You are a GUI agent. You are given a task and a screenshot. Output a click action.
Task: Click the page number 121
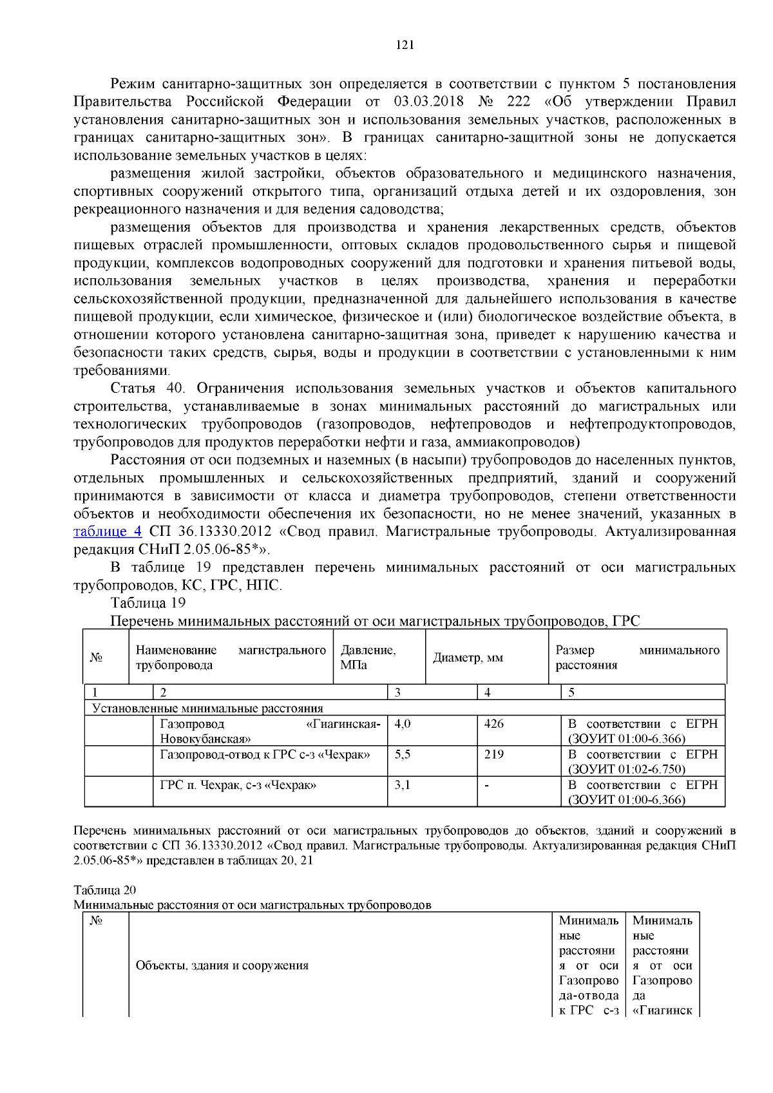(x=405, y=44)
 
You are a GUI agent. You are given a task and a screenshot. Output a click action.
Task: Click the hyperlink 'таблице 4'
(x=107, y=531)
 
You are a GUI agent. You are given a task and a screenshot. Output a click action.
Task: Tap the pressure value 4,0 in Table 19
(x=403, y=724)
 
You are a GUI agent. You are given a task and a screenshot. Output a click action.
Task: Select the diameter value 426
(x=494, y=724)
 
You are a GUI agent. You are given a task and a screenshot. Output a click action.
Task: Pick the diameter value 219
(x=494, y=754)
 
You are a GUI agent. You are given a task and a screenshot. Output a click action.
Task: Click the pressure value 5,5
(x=403, y=754)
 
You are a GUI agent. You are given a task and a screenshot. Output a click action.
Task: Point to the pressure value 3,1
(x=403, y=785)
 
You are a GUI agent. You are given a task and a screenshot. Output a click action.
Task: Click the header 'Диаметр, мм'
(x=468, y=658)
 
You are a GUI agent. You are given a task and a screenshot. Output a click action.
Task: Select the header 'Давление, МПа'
(x=368, y=658)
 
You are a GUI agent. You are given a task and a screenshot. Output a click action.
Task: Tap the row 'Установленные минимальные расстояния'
(x=207, y=708)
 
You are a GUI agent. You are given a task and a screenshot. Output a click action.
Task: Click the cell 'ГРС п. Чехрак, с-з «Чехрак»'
(x=238, y=785)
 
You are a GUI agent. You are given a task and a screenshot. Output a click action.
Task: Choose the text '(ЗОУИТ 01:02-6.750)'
(x=626, y=769)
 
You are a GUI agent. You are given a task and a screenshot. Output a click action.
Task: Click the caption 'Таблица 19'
(x=148, y=603)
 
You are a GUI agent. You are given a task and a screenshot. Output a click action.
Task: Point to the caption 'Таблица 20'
(x=104, y=890)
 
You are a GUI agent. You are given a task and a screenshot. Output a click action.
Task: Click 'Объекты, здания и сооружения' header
(x=222, y=965)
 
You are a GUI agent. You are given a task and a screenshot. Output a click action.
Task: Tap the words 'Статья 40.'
(x=148, y=388)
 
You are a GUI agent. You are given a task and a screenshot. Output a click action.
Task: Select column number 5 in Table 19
(x=571, y=693)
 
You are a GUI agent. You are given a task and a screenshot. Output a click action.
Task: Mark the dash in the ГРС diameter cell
(x=486, y=786)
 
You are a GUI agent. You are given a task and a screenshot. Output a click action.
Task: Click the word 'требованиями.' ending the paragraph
(x=122, y=371)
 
